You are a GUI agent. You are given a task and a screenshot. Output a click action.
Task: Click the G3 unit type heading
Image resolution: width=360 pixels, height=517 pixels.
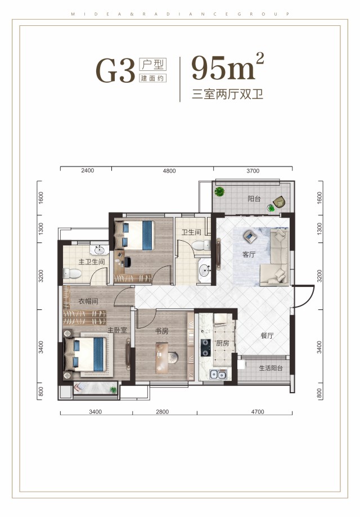114,70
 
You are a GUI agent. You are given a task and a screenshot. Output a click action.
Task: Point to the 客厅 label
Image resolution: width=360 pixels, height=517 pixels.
249,254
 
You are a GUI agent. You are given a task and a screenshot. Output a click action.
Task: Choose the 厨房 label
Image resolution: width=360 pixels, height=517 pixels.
222,343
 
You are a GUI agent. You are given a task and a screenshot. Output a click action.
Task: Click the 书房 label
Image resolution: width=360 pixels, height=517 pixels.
163,331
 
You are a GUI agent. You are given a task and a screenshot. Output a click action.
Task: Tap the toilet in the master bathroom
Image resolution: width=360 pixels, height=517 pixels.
71,274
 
